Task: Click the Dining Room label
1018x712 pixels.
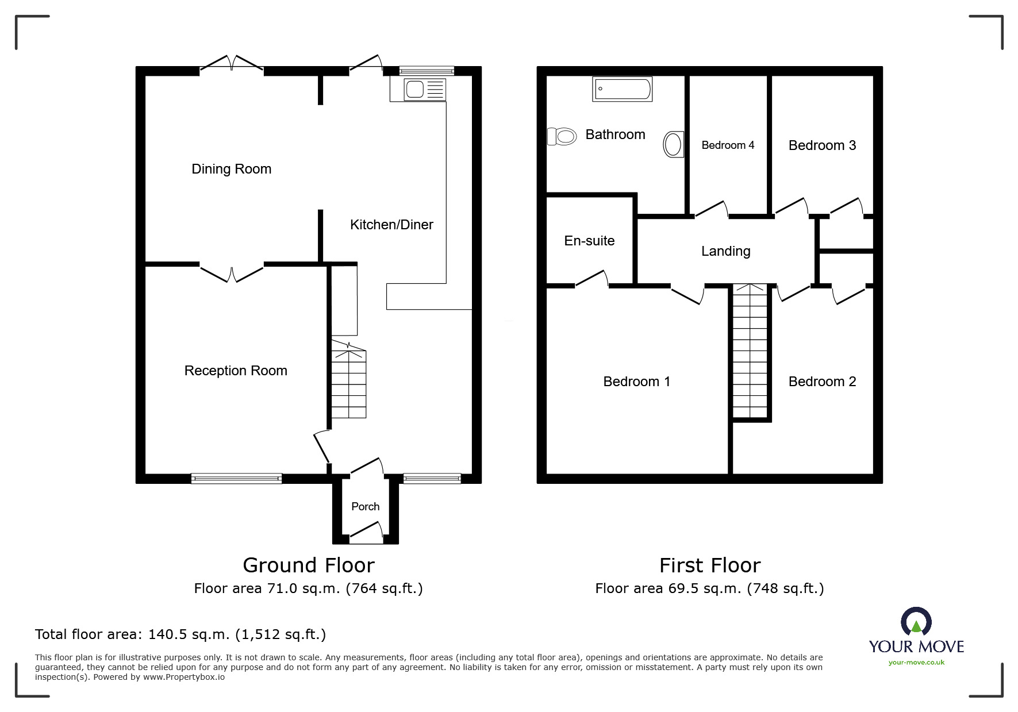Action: [x=231, y=169]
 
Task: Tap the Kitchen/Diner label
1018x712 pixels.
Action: [x=391, y=225]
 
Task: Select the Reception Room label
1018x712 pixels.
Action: [x=236, y=371]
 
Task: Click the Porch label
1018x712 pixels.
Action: [x=366, y=506]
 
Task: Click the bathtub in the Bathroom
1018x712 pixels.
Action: [x=623, y=89]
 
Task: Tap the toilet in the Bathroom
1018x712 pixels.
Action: [x=562, y=137]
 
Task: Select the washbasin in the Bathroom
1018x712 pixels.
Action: [x=674, y=144]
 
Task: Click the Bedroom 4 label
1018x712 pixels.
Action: [x=728, y=145]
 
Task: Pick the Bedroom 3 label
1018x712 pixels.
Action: [x=822, y=145]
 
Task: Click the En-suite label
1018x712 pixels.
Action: [x=589, y=241]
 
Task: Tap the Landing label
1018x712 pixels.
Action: [x=725, y=251]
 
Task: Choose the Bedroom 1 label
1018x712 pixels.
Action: [x=636, y=382]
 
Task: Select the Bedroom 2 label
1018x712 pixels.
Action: [x=822, y=382]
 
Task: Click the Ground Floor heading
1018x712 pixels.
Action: [x=309, y=565]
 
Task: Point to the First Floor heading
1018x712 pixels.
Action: [x=710, y=565]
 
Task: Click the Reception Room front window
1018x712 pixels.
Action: [x=236, y=478]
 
